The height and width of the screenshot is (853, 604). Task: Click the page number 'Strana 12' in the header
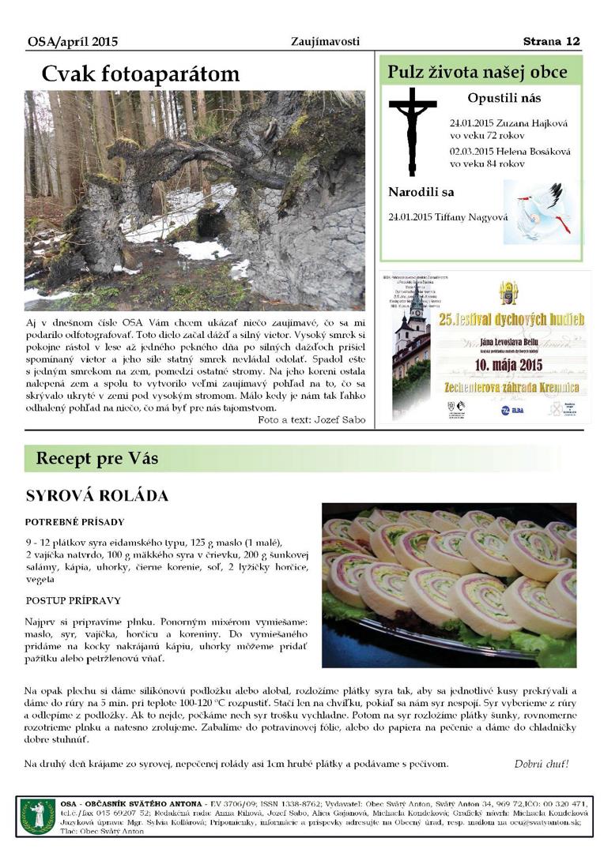pos(551,41)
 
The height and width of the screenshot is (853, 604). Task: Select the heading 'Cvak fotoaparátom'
pos(140,74)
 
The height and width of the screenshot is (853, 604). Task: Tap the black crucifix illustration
pos(412,130)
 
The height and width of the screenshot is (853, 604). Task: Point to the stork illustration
pos(538,211)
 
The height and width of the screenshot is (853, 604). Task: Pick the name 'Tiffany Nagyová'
pos(471,217)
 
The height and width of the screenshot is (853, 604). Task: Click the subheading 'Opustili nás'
pos(504,99)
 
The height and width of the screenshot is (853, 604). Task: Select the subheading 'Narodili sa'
pos(421,192)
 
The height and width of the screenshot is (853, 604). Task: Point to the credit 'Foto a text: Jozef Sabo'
pos(311,420)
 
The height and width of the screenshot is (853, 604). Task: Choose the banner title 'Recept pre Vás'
pos(97,459)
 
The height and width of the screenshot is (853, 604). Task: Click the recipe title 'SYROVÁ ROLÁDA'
pos(97,496)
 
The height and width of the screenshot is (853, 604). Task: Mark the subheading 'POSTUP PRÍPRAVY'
pos(73,600)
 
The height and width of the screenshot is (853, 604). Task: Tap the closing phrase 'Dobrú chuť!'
pos(541,764)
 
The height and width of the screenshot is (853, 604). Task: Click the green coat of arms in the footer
pos(37,815)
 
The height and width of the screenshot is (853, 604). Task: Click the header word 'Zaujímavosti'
pos(325,41)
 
